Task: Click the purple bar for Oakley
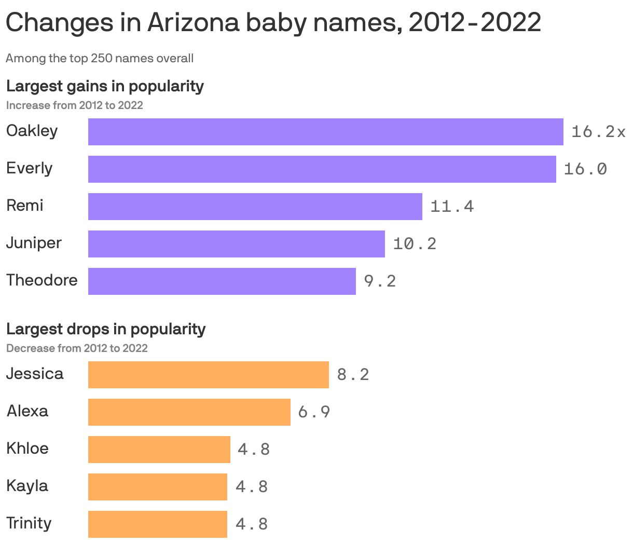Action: (325, 132)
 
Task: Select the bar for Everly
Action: (322, 169)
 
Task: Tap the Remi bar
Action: (255, 207)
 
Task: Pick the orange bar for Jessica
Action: (208, 375)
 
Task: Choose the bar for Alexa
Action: (189, 412)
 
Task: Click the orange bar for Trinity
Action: (157, 524)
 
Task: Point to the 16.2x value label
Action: (598, 132)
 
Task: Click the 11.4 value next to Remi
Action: (452, 207)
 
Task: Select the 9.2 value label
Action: (380, 281)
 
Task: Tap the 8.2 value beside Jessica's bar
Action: (353, 375)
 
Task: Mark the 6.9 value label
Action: (314, 412)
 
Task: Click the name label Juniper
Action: (34, 243)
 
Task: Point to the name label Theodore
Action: (42, 280)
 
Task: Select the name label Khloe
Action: (27, 449)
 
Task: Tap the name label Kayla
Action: (27, 486)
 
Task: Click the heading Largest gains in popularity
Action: (105, 86)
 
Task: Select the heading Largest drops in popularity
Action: (106, 329)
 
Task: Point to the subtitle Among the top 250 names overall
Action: (100, 58)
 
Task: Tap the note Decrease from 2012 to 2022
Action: (77, 348)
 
